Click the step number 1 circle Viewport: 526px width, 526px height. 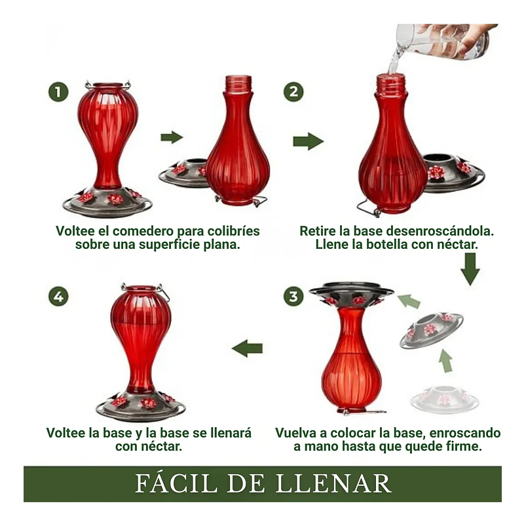point(58,92)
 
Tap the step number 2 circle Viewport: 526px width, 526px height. point(293,92)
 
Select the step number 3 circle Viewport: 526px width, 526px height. point(293,297)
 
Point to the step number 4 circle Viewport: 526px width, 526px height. point(58,297)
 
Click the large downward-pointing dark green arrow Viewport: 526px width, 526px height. point(470,269)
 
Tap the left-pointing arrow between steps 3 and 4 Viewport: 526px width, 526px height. point(247,348)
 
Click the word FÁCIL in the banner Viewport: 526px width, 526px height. point(176,483)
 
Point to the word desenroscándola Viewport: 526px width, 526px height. point(440,231)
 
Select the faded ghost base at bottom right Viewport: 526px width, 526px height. point(445,400)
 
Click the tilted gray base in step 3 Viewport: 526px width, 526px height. point(432,329)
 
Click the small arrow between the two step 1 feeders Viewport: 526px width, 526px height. point(172,137)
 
